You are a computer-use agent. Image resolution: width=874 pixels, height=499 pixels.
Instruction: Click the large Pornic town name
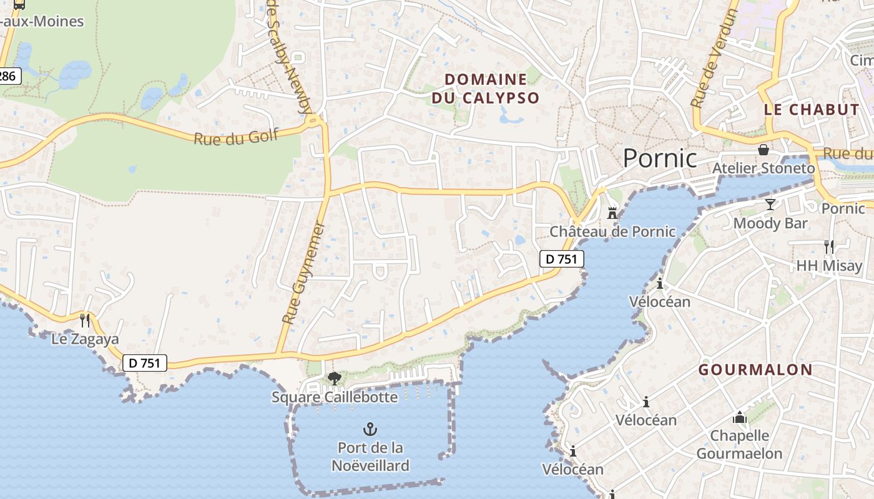(x=660, y=158)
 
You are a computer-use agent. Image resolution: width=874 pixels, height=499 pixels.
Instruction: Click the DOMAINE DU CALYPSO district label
(x=486, y=89)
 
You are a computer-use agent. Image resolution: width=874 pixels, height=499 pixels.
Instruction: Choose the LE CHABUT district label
(x=812, y=110)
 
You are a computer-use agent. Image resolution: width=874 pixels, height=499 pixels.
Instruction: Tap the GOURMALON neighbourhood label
(x=755, y=369)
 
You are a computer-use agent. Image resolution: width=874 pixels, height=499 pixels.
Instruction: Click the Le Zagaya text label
(x=85, y=339)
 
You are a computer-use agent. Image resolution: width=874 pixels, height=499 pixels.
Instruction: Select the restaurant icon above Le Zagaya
(x=85, y=321)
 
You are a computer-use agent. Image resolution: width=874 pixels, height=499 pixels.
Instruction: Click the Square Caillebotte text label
(x=335, y=397)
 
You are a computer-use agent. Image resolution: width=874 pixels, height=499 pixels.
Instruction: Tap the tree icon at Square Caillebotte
(x=335, y=378)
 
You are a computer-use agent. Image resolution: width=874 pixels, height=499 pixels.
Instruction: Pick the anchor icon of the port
(x=370, y=429)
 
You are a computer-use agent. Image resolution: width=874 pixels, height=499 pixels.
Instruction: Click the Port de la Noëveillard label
(x=370, y=457)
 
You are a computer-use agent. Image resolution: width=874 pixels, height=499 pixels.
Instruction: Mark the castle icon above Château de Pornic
(x=612, y=213)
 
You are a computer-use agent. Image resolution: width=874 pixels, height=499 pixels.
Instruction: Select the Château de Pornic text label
(x=612, y=231)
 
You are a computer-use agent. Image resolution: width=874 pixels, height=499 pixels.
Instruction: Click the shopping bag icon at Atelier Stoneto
(x=763, y=150)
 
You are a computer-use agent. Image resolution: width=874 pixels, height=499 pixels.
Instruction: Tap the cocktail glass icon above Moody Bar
(x=770, y=205)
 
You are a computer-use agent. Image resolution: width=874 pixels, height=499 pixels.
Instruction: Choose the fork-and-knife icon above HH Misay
(x=828, y=247)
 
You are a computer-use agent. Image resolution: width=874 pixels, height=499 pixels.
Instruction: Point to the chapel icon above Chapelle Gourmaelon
(x=740, y=417)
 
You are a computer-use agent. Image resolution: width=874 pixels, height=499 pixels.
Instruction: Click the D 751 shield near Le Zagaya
(x=145, y=363)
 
